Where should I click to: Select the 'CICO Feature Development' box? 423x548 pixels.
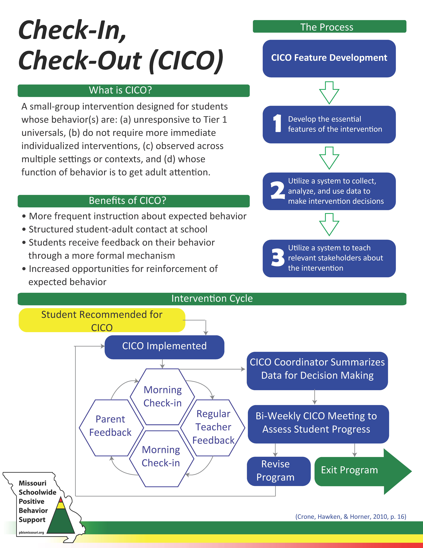pos(329,58)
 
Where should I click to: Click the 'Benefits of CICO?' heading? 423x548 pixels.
pos(128,201)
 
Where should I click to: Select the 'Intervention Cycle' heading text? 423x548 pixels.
pos(212,299)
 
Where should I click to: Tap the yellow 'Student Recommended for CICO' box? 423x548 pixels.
pos(102,320)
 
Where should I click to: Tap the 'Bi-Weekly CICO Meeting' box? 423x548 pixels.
pos(318,424)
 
